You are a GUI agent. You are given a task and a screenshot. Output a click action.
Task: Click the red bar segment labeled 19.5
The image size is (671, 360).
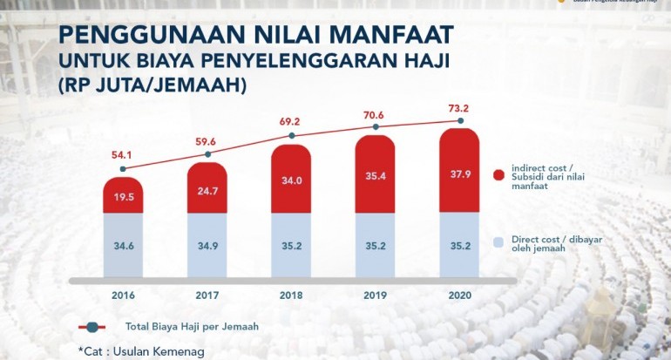pos(123,197)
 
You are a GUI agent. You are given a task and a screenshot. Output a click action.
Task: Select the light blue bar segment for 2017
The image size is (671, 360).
pos(207,247)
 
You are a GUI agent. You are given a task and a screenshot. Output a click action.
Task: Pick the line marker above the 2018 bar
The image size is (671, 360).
pos(291,136)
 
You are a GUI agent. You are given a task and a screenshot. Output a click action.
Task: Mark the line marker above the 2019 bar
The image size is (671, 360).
pos(376,127)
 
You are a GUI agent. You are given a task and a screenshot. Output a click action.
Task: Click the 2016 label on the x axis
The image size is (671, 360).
pos(123,295)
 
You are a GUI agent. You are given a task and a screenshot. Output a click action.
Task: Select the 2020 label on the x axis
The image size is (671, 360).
pos(459,295)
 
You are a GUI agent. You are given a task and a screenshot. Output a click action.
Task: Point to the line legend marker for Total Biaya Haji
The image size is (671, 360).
pos(93,327)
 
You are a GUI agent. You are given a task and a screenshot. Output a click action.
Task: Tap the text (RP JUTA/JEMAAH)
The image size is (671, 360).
pos(153,86)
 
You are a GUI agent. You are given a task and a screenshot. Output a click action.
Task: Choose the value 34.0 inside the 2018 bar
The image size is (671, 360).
pos(291,182)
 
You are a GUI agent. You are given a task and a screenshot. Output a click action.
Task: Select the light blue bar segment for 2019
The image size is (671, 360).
pos(376,247)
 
